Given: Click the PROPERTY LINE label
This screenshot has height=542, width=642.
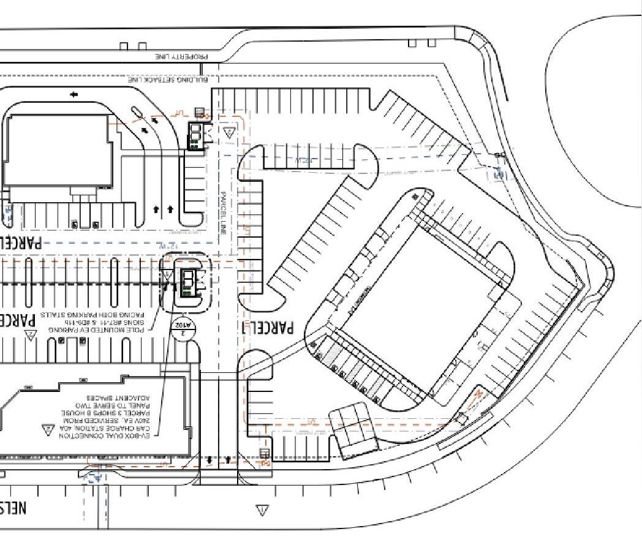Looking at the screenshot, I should (x=182, y=56).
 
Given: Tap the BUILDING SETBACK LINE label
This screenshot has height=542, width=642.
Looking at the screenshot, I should (x=168, y=80).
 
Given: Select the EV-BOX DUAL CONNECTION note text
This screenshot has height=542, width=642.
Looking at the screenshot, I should (x=108, y=416).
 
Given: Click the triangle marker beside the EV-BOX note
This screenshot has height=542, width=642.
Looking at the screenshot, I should (x=48, y=430).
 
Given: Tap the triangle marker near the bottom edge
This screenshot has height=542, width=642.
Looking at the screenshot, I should (x=262, y=510).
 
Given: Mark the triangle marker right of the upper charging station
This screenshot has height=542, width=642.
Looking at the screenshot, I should (x=229, y=132).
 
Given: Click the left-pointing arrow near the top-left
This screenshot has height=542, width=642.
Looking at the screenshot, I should (x=74, y=94).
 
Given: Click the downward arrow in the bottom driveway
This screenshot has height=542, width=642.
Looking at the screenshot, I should (x=210, y=459).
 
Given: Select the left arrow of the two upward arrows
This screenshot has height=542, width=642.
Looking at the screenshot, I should (x=156, y=209).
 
